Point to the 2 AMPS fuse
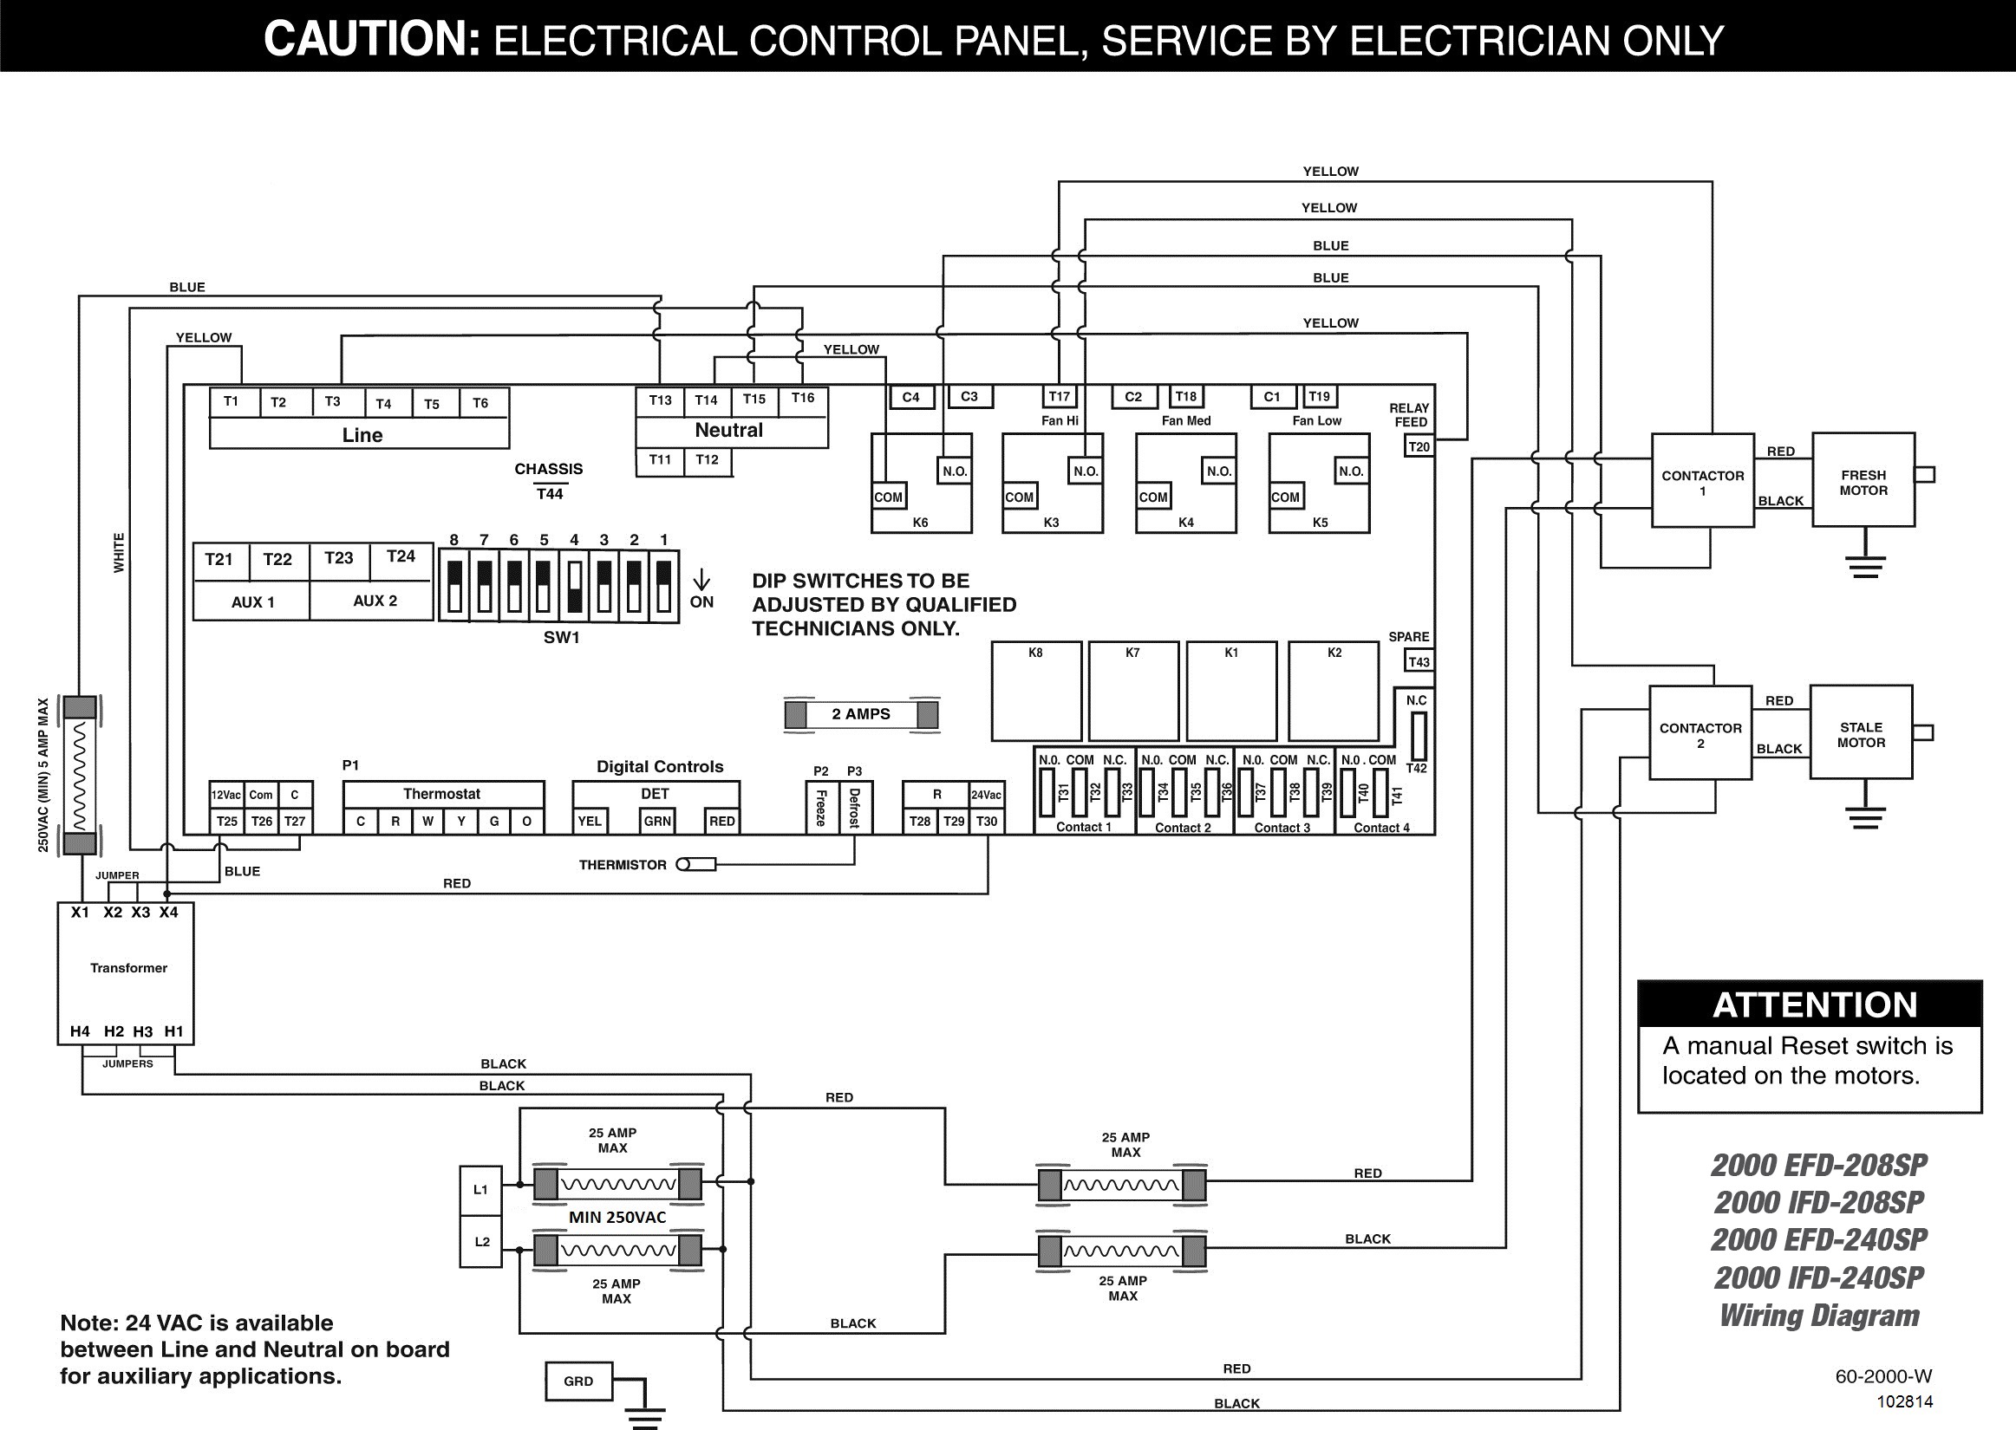pos(860,714)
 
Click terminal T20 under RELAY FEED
pos(1418,446)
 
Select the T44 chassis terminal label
pos(550,494)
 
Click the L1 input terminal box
pos(481,1190)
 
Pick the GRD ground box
pos(578,1381)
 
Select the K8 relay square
pos(1035,692)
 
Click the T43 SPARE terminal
pos(1418,662)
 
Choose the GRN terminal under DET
pos(657,821)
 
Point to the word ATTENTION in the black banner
pos(1815,1004)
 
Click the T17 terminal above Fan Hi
pos(1059,397)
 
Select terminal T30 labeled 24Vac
pos(987,821)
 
